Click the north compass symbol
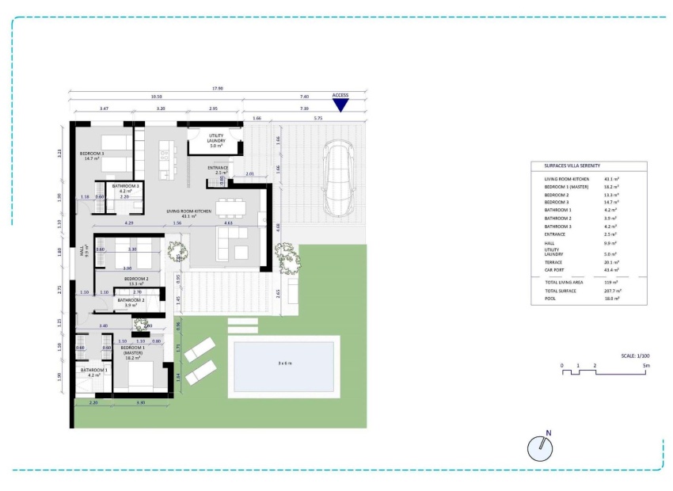540,447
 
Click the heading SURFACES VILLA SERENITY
571,166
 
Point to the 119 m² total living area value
610,282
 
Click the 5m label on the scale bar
646,366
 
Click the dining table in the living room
230,207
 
